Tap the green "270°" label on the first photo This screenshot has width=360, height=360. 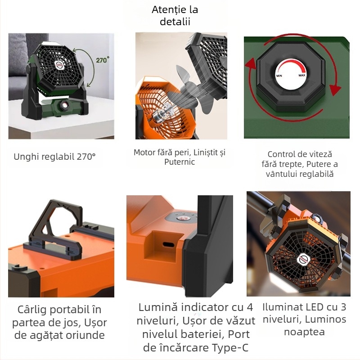[102, 59]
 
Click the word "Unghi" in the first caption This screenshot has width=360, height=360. [26, 157]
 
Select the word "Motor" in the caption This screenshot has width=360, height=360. [144, 153]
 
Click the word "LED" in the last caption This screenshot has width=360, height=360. [315, 307]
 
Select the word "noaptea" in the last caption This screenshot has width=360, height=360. [304, 332]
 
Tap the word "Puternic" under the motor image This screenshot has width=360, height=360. [180, 162]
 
